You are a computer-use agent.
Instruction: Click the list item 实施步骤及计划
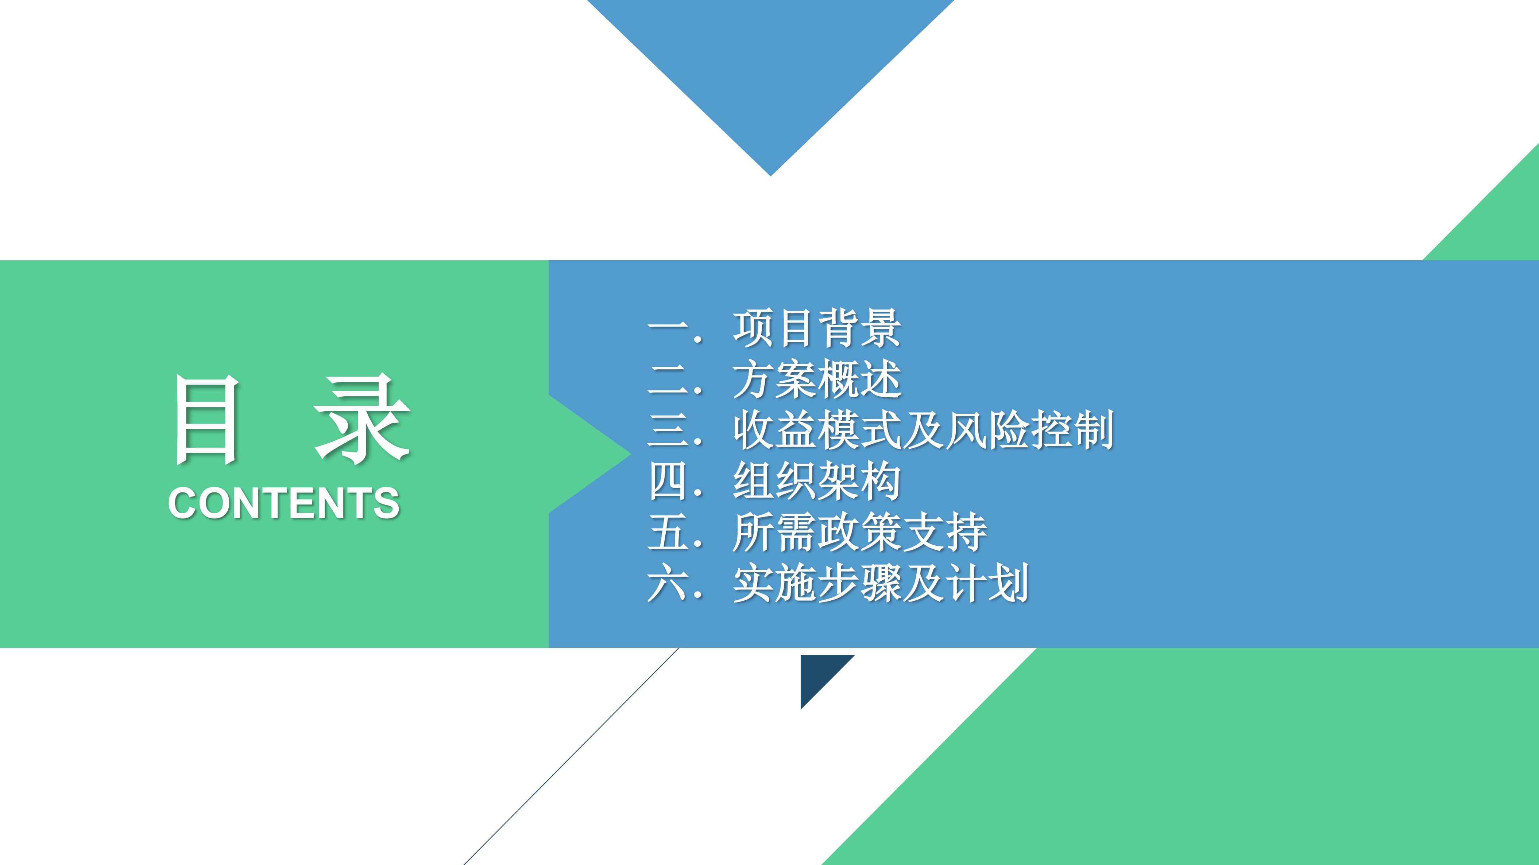[881, 583]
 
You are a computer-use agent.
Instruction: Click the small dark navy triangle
[819, 673]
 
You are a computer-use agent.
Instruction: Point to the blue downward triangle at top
[771, 60]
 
